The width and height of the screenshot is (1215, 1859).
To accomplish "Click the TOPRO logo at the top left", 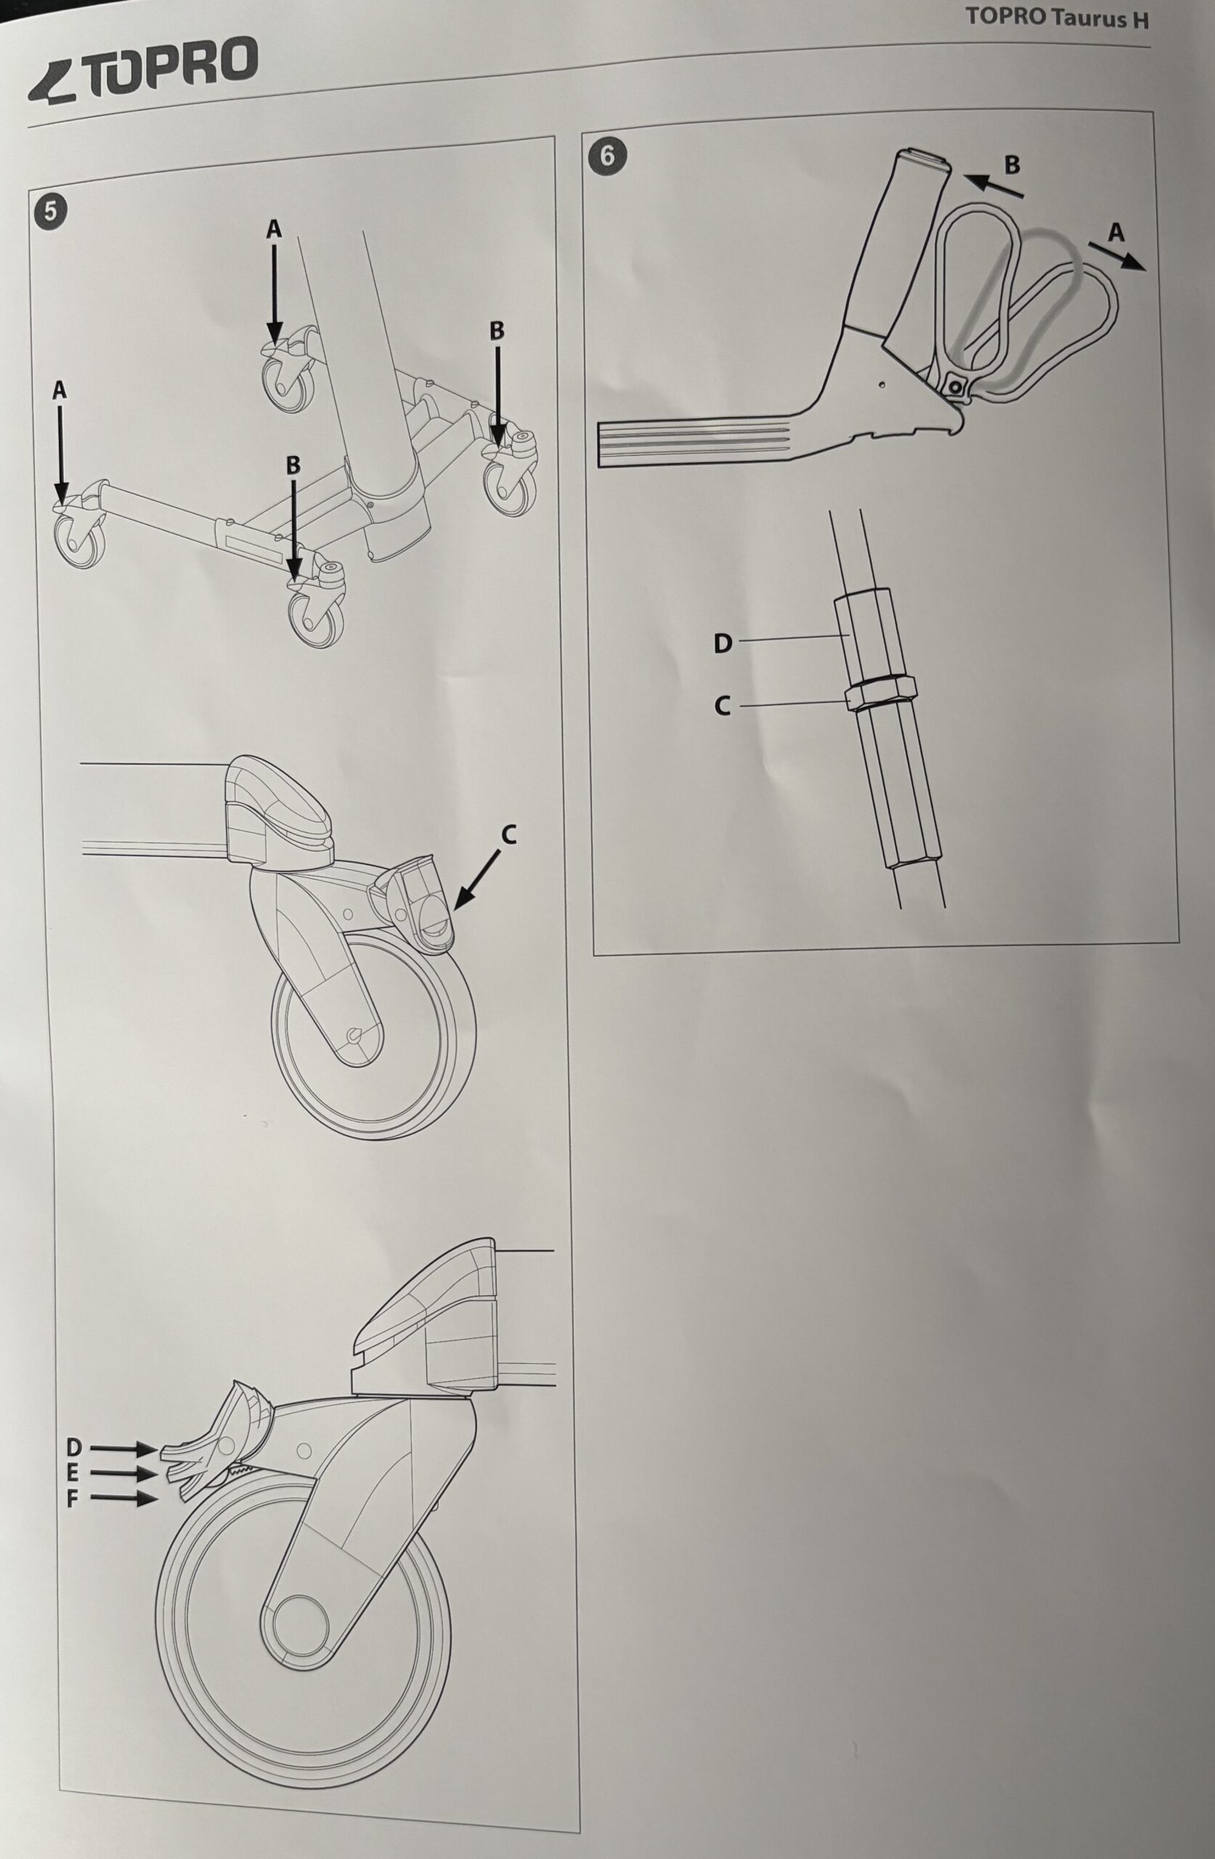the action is pyautogui.click(x=142, y=71).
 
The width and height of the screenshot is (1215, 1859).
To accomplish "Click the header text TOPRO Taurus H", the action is pyautogui.click(x=1057, y=18).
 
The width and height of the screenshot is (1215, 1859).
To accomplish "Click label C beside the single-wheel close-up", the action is pyautogui.click(x=508, y=836).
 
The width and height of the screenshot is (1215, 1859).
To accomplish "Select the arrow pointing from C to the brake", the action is pyautogui.click(x=477, y=879).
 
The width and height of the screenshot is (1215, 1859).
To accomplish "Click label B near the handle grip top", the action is pyautogui.click(x=1012, y=165).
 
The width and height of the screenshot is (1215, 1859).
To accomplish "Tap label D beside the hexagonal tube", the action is pyautogui.click(x=723, y=643).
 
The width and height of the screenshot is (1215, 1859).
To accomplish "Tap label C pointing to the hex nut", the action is pyautogui.click(x=723, y=706).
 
